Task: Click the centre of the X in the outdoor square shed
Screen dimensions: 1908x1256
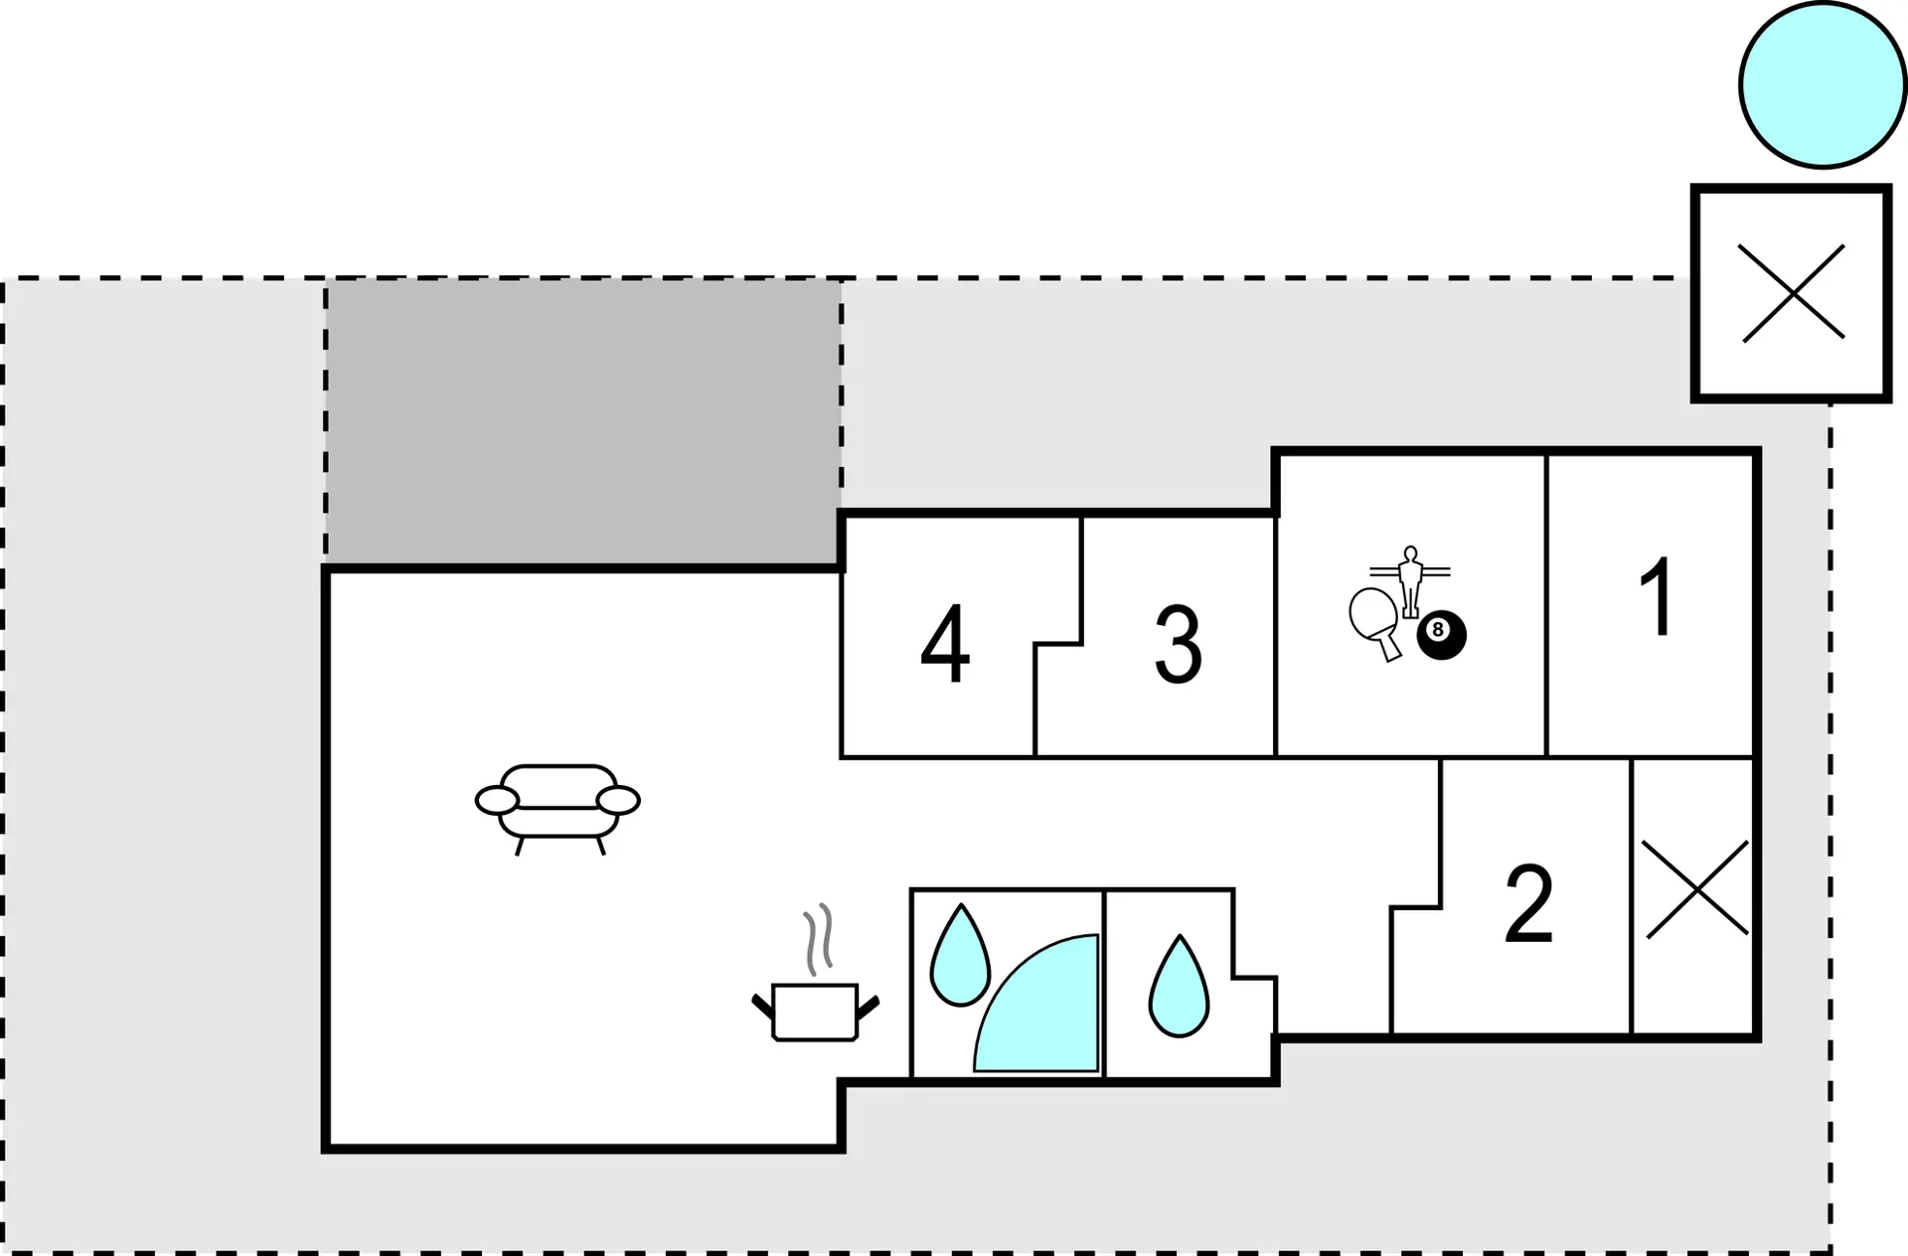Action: coord(1793,293)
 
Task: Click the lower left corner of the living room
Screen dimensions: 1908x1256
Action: coord(326,1149)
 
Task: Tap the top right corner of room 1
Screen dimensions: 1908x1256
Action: coord(1757,451)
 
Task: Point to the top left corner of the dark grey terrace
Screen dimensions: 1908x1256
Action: coord(326,281)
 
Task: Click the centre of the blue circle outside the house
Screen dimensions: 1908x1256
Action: coord(1823,84)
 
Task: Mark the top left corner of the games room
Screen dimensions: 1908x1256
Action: coord(1276,452)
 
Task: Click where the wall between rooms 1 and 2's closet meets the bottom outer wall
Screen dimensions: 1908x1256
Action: coord(1632,1037)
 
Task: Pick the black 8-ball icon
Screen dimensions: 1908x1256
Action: coord(1441,635)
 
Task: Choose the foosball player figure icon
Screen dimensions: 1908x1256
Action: coord(1410,582)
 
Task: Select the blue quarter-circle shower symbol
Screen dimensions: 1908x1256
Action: coord(1036,1004)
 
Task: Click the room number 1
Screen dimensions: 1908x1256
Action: coord(1657,596)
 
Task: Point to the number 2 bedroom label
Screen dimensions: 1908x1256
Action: coord(1528,904)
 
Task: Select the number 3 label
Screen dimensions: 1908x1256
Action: coord(1179,645)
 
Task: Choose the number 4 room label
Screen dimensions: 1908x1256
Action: coord(945,644)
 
